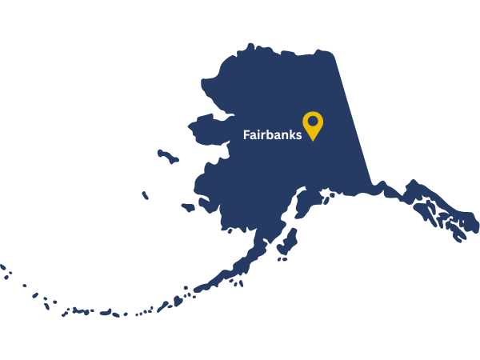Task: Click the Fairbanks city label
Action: [x=272, y=135]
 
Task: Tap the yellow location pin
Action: [x=313, y=124]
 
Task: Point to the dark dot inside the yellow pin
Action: [x=313, y=122]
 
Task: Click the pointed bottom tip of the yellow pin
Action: [x=313, y=141]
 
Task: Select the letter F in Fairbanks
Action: [x=246, y=135]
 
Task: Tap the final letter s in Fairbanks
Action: [x=299, y=136]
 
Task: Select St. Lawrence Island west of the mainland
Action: [x=167, y=155]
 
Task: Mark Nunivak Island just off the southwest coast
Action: [x=188, y=207]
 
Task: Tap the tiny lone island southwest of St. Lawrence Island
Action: [x=145, y=195]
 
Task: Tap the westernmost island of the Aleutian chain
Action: [x=2, y=266]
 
